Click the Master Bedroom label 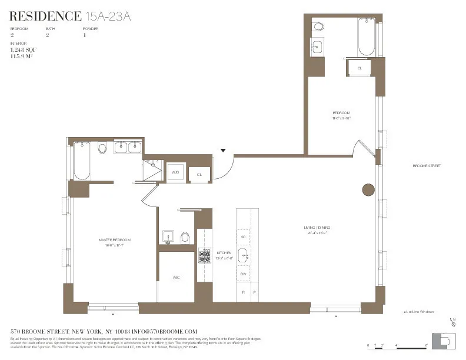(x=114, y=240)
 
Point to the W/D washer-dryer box (x=175, y=172)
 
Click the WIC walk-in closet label (x=176, y=276)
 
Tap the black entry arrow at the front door (x=223, y=151)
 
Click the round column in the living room (x=368, y=189)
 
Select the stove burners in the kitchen (x=204, y=257)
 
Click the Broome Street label (x=426, y=166)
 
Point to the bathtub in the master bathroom (x=82, y=163)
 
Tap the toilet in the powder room (x=185, y=237)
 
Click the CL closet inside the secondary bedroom (x=359, y=68)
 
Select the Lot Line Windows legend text (x=420, y=312)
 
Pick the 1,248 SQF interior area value (x=23, y=50)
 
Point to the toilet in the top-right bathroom (x=318, y=26)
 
